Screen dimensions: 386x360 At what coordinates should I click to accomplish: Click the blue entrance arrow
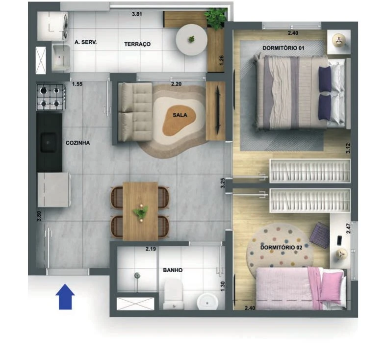65,296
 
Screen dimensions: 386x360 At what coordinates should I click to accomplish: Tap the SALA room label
180,115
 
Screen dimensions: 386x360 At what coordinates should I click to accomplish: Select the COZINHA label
78,143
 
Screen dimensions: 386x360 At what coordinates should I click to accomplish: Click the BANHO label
173,270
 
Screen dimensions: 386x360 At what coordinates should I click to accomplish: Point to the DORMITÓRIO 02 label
281,247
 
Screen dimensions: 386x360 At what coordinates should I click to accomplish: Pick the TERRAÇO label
137,44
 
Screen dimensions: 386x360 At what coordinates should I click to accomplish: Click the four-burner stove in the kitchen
51,97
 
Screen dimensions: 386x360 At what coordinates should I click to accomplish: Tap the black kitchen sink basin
48,143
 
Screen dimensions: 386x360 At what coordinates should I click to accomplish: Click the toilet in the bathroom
174,294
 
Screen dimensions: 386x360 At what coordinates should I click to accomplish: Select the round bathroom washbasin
207,302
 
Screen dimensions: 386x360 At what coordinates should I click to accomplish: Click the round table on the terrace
191,39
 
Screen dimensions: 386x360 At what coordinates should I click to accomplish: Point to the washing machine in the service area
52,26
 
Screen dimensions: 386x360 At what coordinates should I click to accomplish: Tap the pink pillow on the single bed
332,286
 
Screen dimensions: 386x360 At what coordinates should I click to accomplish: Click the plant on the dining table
141,212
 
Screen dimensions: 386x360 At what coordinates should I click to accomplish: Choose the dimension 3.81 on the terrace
137,14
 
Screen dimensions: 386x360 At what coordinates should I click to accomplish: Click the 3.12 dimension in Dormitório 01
348,148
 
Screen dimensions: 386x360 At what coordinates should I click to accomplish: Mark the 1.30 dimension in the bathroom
223,286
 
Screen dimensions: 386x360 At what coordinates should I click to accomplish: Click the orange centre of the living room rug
179,121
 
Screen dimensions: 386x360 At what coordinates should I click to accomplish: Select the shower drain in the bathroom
137,276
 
